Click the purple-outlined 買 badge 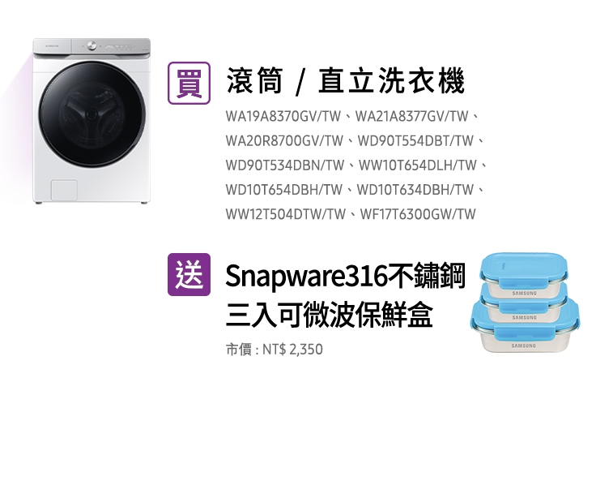coord(189,83)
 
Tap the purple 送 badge coord(189,275)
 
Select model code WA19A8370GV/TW coord(283,116)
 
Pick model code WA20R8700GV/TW coord(284,141)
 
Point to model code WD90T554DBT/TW coord(415,141)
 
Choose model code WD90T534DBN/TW coord(285,165)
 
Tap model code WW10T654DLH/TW coord(417,165)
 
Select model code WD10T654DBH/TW coord(284,190)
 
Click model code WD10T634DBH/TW coord(415,190)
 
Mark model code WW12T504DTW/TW coord(286,214)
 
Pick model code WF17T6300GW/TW coord(418,214)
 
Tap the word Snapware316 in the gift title coord(306,277)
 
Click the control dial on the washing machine coord(92,45)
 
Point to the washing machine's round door coord(92,114)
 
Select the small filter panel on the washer coord(64,190)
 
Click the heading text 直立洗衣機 coord(391,81)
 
